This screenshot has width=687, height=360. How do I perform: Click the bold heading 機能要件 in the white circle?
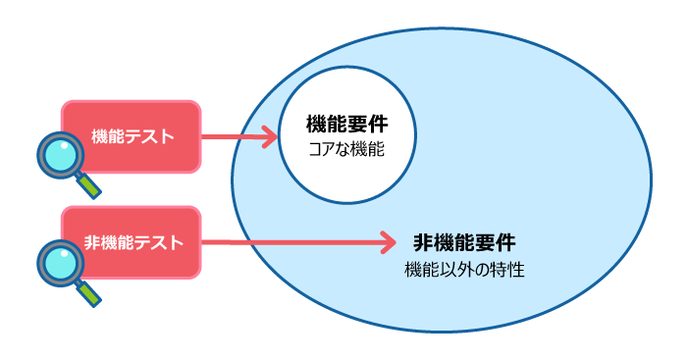click(x=346, y=125)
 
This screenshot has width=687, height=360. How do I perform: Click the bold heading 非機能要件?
click(x=463, y=241)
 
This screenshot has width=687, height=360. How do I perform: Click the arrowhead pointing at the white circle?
click(x=271, y=136)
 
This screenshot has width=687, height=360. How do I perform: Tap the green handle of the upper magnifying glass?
click(x=90, y=185)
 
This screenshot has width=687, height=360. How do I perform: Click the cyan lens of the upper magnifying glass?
click(x=61, y=155)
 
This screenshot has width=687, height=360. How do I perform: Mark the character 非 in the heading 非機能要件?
click(x=423, y=241)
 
